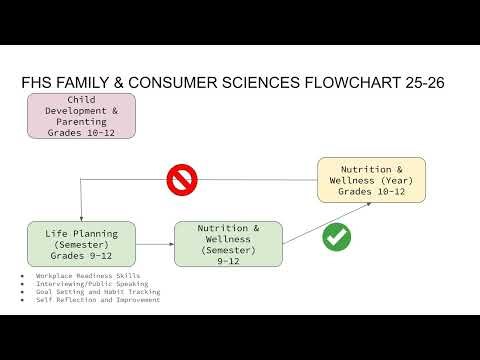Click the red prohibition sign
point(182,181)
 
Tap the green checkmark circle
point(336,238)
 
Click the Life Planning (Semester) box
point(81,243)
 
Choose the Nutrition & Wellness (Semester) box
point(228,244)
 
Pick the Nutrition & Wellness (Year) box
point(371,180)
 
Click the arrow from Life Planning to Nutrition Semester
point(154,244)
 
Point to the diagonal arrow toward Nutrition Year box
point(326,222)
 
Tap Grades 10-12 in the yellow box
point(371,192)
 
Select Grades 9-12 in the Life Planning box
point(81,255)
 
